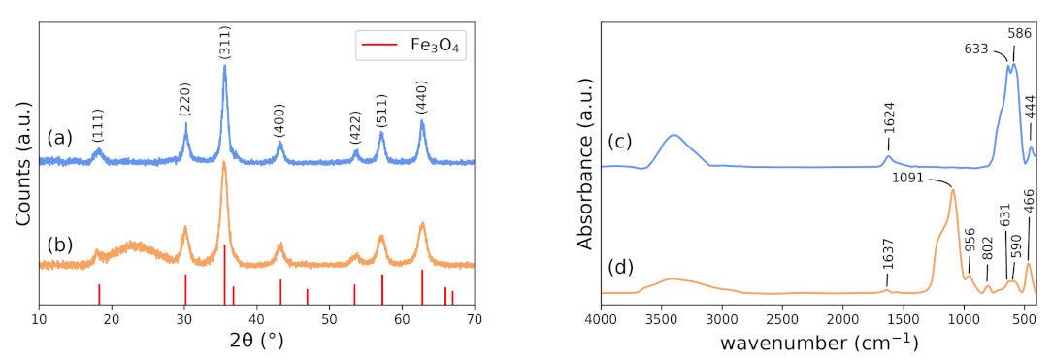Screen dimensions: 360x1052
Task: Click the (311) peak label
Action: coord(224,43)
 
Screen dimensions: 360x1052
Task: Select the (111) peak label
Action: coord(98,125)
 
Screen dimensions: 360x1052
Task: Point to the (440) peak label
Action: coord(422,99)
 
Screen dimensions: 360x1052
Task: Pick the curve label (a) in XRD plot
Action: coord(59,138)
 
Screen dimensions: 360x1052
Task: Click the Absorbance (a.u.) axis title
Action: coord(584,162)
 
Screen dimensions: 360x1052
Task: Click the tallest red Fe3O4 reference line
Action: coord(225,276)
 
